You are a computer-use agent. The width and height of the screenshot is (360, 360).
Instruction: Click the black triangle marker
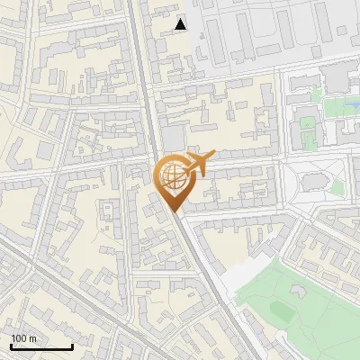pyautogui.click(x=181, y=24)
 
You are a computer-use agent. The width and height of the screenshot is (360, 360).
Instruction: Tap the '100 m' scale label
pyautogui.click(x=24, y=338)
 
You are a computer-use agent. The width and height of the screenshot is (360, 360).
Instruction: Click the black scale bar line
pyautogui.click(x=41, y=346)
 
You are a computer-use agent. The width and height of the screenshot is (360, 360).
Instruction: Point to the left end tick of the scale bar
pyautogui.click(x=11, y=345)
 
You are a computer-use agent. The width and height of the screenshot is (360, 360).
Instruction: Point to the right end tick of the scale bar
pyautogui.click(x=72, y=345)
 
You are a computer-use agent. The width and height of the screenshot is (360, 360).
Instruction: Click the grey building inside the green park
pyautogui.click(x=298, y=291)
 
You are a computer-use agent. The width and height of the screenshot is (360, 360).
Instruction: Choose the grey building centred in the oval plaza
pyautogui.click(x=314, y=184)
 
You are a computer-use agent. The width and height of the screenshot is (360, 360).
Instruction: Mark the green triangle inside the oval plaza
pyautogui.click(x=338, y=187)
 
